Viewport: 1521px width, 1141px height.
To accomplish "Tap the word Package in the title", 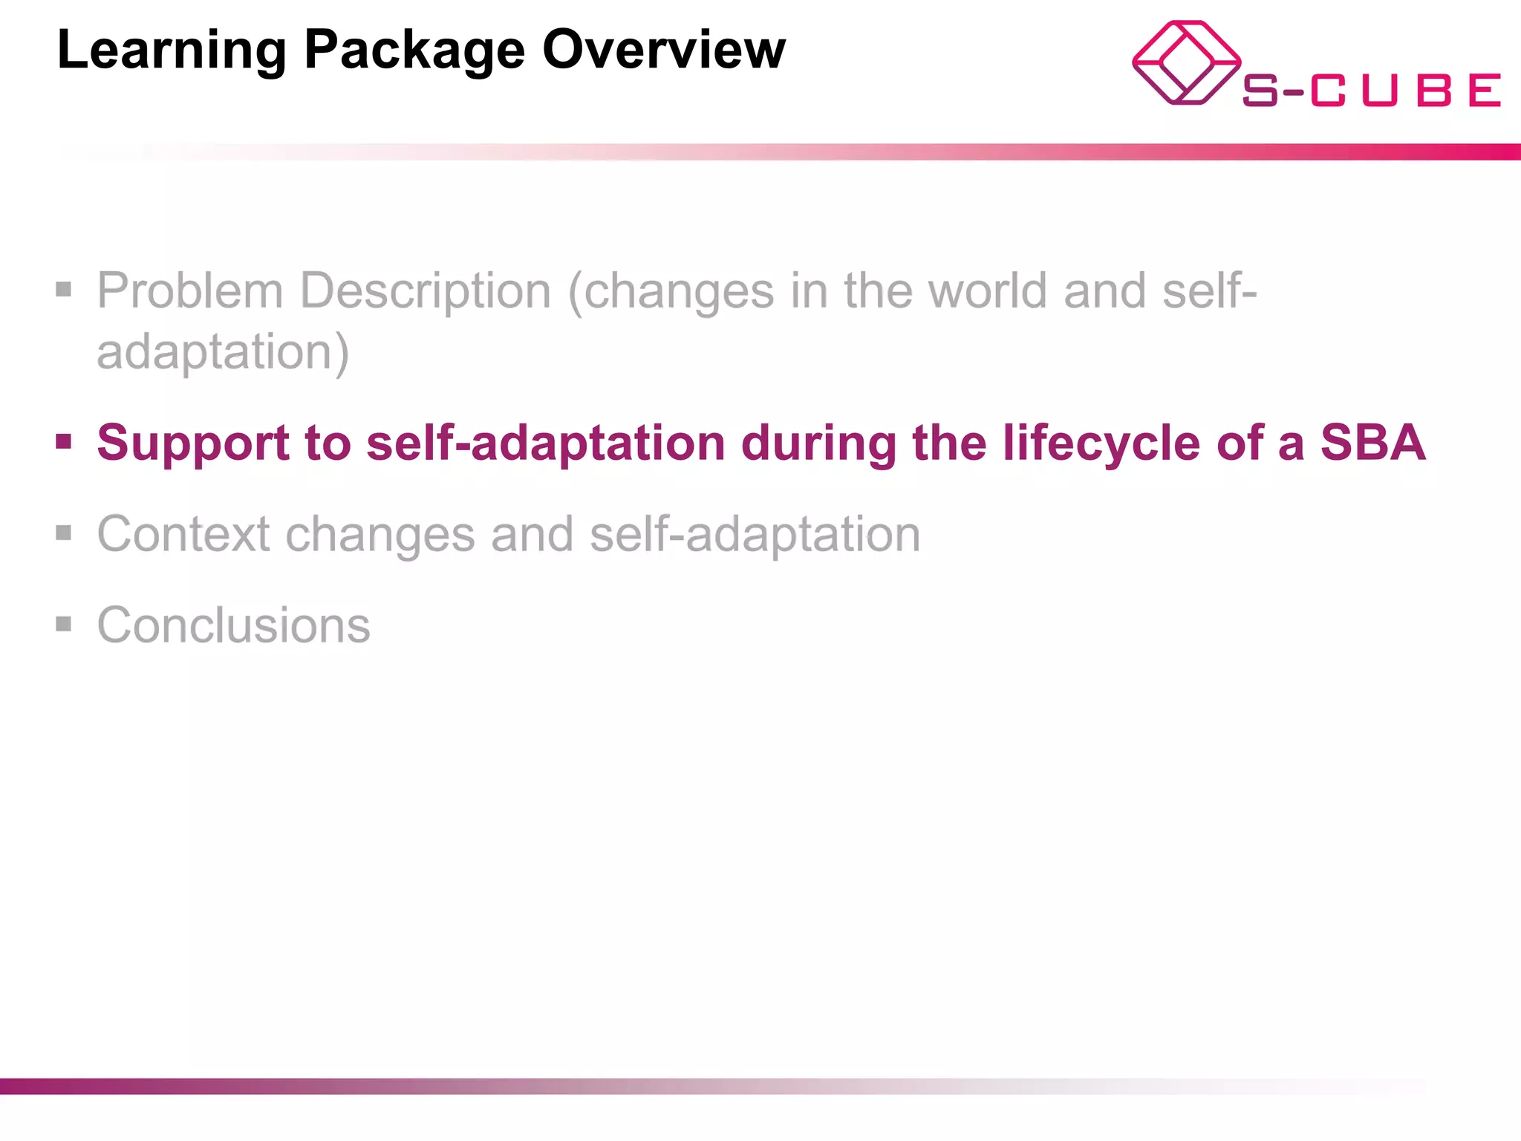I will pos(414,51).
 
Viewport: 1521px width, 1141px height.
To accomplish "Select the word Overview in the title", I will pos(663,49).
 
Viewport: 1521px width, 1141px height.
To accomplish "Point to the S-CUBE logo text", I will pos(1371,91).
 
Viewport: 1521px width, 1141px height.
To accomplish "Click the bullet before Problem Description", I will pos(64,289).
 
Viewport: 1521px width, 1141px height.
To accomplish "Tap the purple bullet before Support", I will pos(64,442).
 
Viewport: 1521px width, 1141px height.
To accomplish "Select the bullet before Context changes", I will pos(64,533).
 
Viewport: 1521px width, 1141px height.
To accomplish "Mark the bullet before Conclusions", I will pos(64,624).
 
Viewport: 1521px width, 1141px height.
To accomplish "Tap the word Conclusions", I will pos(233,625).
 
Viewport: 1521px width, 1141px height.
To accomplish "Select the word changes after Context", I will pos(380,534).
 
